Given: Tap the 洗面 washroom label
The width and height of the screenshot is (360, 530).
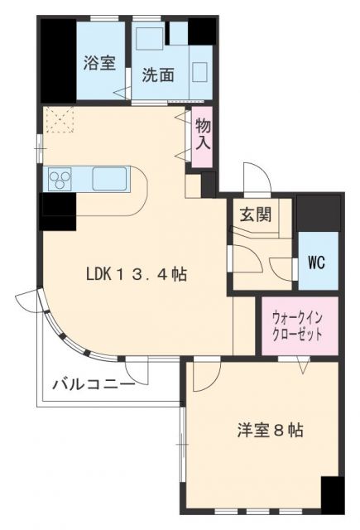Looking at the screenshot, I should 157,75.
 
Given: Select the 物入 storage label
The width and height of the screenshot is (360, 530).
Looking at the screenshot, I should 203,133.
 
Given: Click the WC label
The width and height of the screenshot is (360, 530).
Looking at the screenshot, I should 317,263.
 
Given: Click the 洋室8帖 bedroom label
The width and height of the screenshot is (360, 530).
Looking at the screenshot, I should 270,431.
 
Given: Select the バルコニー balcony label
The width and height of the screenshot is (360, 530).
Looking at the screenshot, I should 94,384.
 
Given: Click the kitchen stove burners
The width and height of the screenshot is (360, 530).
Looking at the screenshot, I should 61,178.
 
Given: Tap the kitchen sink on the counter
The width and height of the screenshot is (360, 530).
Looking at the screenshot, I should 108,178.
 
